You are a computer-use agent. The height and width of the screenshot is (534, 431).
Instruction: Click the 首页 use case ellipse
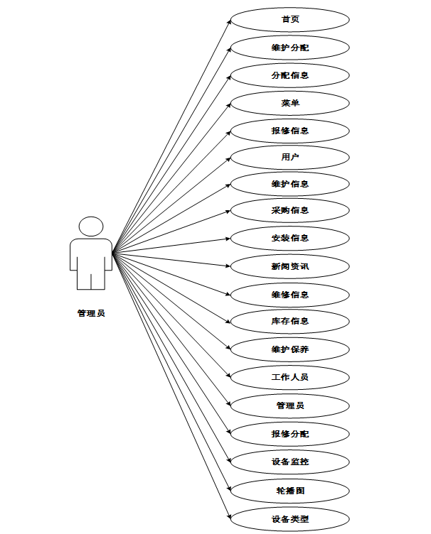tap(290, 19)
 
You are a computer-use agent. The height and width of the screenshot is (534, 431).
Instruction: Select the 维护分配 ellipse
tap(290, 48)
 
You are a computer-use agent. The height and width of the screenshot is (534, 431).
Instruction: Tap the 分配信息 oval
tap(290, 75)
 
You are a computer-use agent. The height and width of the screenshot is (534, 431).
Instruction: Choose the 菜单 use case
tap(290, 103)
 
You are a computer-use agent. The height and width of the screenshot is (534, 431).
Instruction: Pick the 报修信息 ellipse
tap(290, 131)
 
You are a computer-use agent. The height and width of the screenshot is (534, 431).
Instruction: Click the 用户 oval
tap(290, 157)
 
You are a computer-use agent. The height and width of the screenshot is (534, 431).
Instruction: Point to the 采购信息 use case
tap(290, 210)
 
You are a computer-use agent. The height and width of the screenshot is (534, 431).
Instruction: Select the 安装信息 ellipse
tap(290, 238)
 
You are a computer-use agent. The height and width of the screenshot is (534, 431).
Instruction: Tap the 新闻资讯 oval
tap(290, 267)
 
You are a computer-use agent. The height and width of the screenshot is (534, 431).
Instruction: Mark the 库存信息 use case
tap(290, 321)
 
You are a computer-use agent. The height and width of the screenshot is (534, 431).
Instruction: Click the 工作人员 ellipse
tap(290, 377)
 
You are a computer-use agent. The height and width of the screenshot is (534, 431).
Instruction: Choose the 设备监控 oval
tap(290, 462)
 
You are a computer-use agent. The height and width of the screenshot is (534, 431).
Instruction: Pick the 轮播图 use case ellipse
tap(290, 490)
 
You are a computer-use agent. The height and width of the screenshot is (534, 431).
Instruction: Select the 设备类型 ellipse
tap(290, 518)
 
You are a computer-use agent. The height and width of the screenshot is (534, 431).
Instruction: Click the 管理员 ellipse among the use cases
tap(290, 405)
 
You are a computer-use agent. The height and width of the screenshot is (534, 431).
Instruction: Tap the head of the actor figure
tap(91, 227)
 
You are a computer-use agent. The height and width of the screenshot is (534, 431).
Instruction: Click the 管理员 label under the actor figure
tap(91, 312)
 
